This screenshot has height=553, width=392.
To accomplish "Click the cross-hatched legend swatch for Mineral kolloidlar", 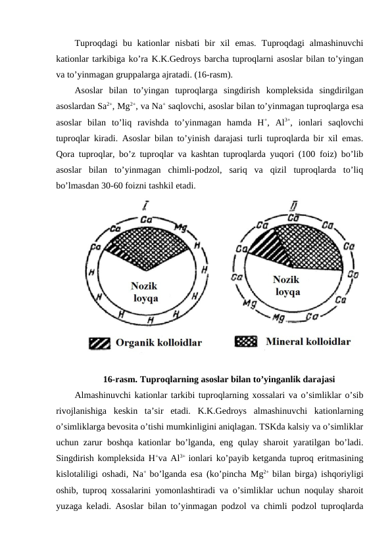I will (x=245, y=342).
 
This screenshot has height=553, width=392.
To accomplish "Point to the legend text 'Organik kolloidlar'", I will (x=159, y=342).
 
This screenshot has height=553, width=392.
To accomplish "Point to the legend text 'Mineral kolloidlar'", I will (x=308, y=342).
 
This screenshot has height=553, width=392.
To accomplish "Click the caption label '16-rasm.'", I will (x=120, y=379).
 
